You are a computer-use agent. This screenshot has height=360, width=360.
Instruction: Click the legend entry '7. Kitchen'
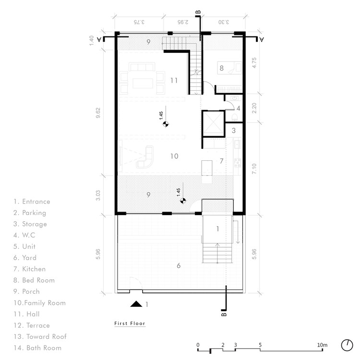[x=29, y=269]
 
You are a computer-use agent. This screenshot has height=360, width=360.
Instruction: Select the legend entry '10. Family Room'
[x=39, y=303]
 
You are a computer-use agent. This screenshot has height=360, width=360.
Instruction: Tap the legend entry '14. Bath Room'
[x=37, y=348]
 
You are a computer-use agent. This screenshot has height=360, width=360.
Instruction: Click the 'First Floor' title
[x=130, y=323]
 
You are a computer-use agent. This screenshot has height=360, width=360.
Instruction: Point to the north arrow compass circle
[x=347, y=345]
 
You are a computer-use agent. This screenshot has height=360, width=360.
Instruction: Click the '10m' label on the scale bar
[x=322, y=345]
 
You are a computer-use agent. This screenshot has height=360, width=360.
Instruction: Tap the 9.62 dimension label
[x=98, y=113]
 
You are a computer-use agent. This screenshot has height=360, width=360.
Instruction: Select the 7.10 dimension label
[x=254, y=169]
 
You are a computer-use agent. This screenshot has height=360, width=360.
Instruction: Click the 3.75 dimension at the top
[x=139, y=22]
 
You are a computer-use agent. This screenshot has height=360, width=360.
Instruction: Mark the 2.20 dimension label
[x=254, y=108]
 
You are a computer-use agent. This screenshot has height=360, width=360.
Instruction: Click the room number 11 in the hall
[x=174, y=80]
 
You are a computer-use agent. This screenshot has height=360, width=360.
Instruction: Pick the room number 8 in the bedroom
[x=222, y=68]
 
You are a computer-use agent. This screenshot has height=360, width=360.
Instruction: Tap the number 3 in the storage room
[x=234, y=131]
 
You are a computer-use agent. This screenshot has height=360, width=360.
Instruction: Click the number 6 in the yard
[x=179, y=265]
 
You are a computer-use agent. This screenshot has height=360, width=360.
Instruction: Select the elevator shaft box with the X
[x=213, y=124]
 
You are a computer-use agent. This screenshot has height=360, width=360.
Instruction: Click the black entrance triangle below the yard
[x=136, y=304]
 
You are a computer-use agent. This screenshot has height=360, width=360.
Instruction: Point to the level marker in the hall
[x=166, y=124]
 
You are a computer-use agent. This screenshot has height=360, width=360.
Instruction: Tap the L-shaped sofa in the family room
[x=145, y=157]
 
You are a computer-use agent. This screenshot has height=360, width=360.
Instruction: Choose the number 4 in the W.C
[x=238, y=108]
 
